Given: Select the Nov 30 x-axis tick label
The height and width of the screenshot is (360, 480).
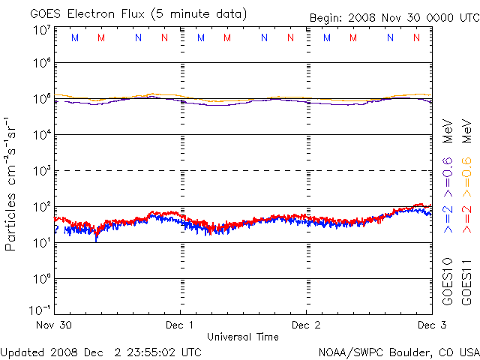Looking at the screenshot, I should pyautogui.click(x=53, y=325).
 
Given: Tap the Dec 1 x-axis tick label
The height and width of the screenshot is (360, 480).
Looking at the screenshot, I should pyautogui.click(x=180, y=325).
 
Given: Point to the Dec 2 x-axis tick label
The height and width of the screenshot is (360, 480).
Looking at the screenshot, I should pyautogui.click(x=306, y=325).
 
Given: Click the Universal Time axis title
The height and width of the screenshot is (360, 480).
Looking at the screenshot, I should pyautogui.click(x=243, y=337).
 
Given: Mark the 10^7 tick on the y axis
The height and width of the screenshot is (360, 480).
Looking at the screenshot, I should pyautogui.click(x=41, y=30).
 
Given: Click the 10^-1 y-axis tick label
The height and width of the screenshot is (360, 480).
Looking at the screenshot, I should pyautogui.click(x=40, y=310).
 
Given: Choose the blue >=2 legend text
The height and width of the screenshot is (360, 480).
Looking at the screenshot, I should pyautogui.click(x=448, y=218).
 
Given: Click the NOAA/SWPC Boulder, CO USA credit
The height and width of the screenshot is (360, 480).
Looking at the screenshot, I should pyautogui.click(x=398, y=352).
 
